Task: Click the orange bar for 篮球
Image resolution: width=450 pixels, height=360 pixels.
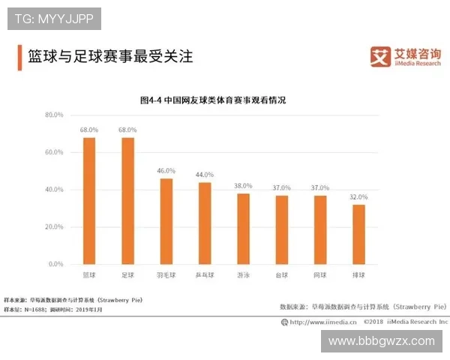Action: (x=89, y=201)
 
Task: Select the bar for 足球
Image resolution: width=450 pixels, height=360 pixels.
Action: (x=127, y=201)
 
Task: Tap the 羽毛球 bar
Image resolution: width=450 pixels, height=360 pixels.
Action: (x=166, y=221)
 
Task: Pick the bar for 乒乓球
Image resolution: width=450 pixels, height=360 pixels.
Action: (x=205, y=223)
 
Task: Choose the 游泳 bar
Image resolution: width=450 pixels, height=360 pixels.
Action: (x=243, y=229)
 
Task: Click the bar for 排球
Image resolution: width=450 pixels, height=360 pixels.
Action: (x=358, y=235)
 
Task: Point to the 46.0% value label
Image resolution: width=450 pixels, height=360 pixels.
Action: (x=166, y=171)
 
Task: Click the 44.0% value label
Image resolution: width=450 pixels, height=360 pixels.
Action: (x=205, y=175)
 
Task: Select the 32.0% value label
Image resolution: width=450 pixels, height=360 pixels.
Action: (x=358, y=196)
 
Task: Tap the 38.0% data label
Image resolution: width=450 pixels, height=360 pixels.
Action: (x=243, y=186)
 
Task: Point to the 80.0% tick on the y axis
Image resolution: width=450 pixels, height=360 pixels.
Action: (x=54, y=115)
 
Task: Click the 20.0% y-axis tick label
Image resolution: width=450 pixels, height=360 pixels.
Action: (x=54, y=226)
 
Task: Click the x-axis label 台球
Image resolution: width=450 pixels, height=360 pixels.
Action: (x=281, y=275)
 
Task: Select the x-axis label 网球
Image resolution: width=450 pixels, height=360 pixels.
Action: (x=320, y=275)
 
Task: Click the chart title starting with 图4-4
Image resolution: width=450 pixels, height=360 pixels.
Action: (x=213, y=99)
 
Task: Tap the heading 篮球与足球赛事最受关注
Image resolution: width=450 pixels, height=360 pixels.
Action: (x=110, y=55)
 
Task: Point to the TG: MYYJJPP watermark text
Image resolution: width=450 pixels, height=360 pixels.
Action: (x=54, y=18)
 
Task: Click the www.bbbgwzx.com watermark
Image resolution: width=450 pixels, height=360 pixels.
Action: (x=382, y=340)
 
